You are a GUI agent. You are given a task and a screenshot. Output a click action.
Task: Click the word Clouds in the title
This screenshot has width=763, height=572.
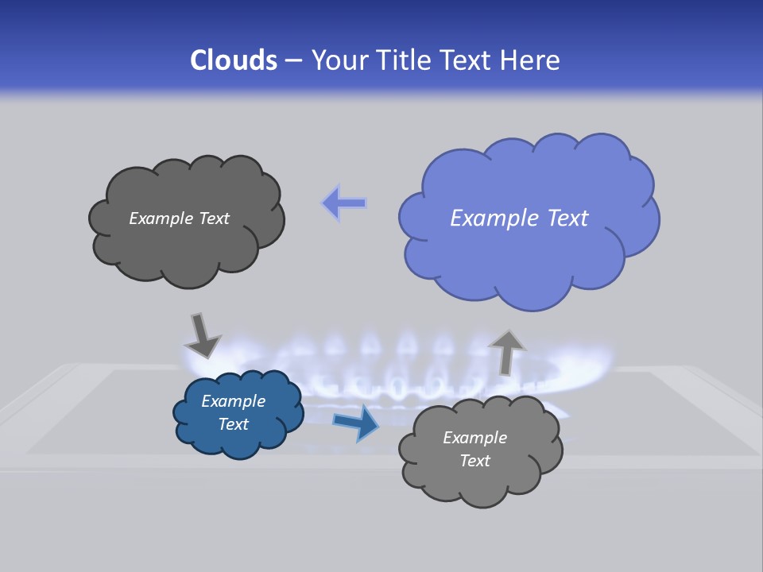(x=233, y=60)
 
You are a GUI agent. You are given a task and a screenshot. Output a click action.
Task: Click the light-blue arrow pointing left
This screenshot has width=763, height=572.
(x=344, y=203)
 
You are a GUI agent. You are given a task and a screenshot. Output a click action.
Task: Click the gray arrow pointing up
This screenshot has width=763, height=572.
(x=506, y=351)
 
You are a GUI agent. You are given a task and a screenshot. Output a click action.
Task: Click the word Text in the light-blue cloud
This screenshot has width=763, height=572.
(x=567, y=218)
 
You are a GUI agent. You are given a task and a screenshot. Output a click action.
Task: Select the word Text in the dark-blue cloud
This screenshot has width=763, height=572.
(x=233, y=424)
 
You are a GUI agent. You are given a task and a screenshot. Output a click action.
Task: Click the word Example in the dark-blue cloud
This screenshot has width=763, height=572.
(x=233, y=401)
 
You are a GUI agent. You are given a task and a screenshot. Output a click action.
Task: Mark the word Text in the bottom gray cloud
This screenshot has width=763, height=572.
(x=474, y=461)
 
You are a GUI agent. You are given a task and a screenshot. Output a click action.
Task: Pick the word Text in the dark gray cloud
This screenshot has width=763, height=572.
(x=213, y=218)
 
